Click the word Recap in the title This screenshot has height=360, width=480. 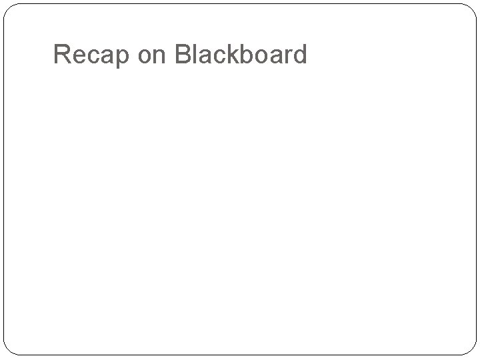point(91,55)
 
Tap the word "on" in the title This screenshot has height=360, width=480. point(152,56)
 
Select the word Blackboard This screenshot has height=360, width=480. point(240,54)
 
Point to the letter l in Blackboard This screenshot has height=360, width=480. point(195,54)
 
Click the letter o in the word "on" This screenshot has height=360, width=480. point(145,56)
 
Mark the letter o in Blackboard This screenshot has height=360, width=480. point(262,56)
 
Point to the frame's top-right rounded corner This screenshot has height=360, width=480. point(471,10)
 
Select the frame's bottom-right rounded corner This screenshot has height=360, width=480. point(471,349)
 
